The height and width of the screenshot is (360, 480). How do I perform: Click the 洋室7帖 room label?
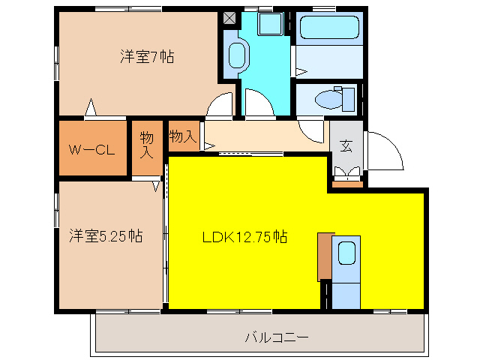(x=147, y=56)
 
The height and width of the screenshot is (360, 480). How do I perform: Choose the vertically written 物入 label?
(x=147, y=145)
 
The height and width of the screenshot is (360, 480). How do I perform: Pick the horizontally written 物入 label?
(x=183, y=136)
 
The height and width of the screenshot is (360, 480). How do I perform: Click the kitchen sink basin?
(x=346, y=253)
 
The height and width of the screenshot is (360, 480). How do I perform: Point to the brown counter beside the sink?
(x=324, y=256)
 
